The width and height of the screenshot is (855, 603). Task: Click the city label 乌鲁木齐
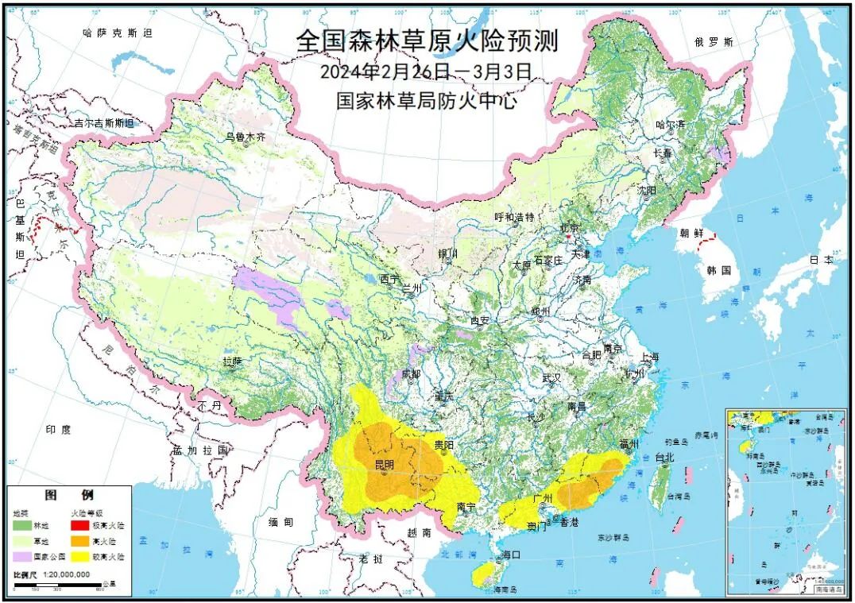tap(245, 137)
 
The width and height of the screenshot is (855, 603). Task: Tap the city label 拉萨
tap(231, 361)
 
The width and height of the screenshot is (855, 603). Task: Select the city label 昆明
tap(385, 464)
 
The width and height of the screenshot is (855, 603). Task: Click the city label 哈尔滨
tap(670, 125)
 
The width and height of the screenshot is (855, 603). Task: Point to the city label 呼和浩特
tap(514, 217)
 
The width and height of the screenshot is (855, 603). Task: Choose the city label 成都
tap(411, 373)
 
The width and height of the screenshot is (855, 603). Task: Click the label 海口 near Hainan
tap(510, 555)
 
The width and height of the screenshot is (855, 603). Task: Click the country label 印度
tap(57, 429)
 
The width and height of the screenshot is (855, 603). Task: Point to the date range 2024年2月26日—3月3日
tap(425, 72)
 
